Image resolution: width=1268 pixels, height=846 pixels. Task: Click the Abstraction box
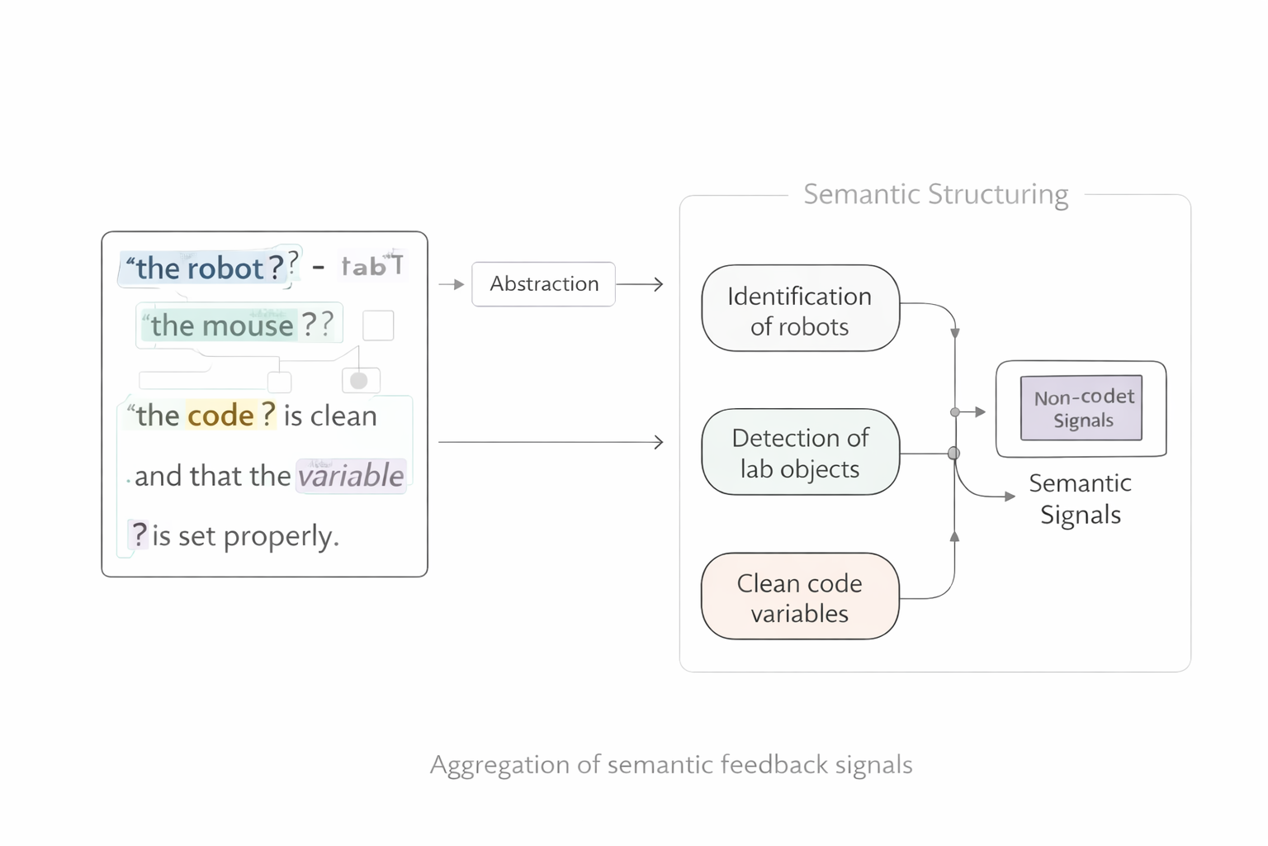543,284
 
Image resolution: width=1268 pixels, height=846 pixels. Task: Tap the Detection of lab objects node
799,453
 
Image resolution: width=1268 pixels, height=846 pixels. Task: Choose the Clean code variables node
799,596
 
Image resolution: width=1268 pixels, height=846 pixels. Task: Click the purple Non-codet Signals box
1081,408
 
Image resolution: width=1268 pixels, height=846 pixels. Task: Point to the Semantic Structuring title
935,194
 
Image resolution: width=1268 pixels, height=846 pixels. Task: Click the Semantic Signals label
1080,499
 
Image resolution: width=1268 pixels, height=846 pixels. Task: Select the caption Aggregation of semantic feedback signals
671,765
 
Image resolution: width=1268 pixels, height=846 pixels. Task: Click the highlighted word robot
225,269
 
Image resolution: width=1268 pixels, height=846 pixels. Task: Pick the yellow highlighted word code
220,416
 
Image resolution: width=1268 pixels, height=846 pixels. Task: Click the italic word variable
351,476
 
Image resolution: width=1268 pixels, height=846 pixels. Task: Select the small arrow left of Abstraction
452,284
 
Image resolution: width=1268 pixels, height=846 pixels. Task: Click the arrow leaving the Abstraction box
640,284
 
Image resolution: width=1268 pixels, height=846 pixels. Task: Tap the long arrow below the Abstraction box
551,442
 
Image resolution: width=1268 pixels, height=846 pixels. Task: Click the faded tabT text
372,266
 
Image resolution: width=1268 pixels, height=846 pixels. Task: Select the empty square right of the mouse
378,326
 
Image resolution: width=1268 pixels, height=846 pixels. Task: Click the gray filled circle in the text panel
359,381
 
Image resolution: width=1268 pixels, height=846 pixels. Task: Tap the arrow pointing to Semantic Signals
991,494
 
